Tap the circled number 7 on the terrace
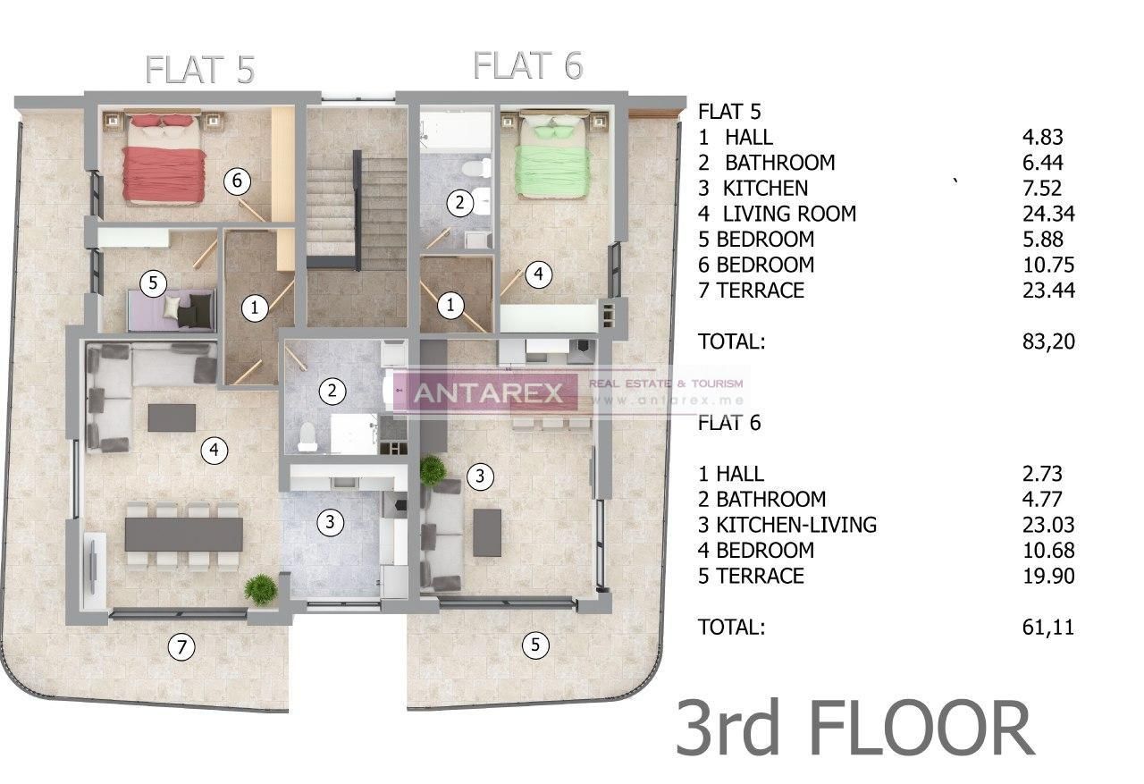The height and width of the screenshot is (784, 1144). coord(182,646)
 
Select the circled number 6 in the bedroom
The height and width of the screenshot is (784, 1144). coord(236,181)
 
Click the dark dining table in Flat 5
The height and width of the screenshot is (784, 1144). coord(183,535)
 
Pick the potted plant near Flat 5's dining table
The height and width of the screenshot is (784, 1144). coord(261,588)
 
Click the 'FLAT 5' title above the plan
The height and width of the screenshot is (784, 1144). coord(200,70)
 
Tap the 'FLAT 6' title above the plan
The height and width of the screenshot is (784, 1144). coord(527,65)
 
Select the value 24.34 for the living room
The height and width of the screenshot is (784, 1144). coord(1047,214)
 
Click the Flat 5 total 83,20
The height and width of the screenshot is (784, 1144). coord(1047,341)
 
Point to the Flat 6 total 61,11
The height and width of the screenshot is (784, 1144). coord(1047,627)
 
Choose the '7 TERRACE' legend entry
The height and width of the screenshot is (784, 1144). coord(752,290)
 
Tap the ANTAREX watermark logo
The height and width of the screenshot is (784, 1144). coord(487,392)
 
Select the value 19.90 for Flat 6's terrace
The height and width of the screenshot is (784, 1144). coord(1047,576)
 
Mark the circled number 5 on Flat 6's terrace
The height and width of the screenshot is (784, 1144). coord(535,645)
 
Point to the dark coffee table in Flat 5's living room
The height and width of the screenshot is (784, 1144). coord(172,417)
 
